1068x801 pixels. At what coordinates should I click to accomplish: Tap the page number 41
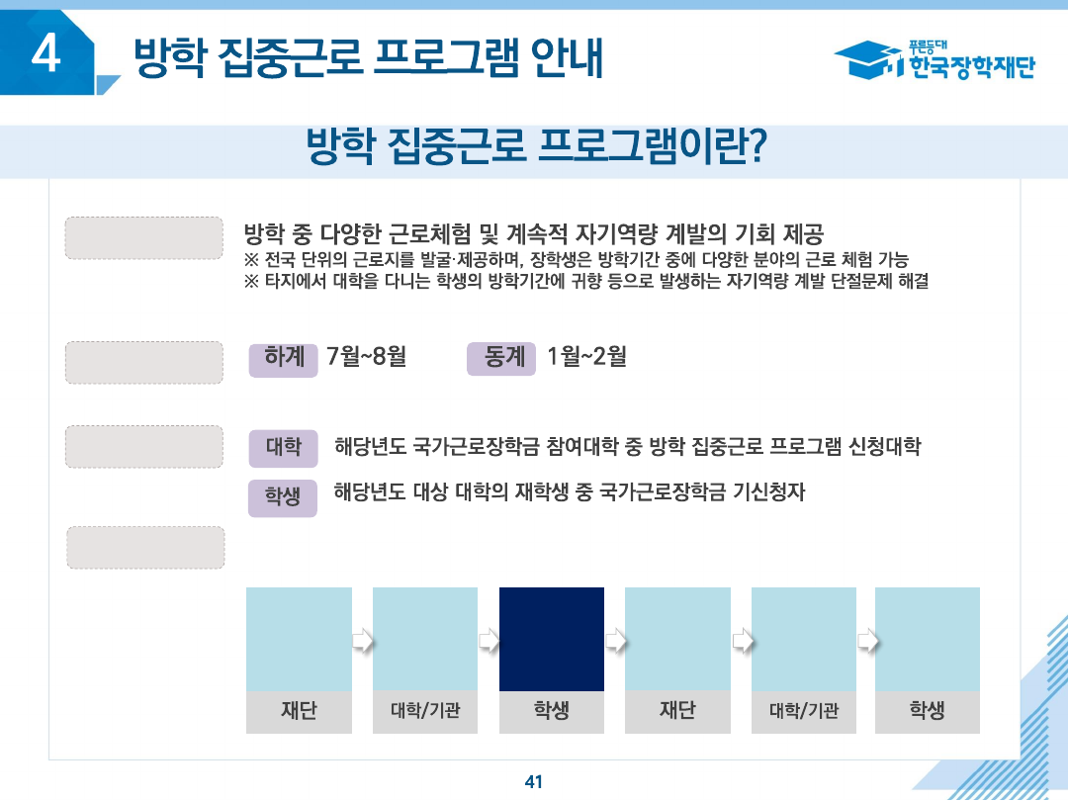coord(534,781)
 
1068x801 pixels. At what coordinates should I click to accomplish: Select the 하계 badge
coord(284,358)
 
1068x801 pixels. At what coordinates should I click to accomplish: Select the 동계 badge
coord(501,358)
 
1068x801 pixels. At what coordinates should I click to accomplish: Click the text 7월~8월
coord(366,356)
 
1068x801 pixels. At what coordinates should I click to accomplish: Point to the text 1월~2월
coord(585,356)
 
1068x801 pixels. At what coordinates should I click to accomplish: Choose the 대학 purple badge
coord(283,447)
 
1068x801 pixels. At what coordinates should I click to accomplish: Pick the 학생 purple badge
coord(283,496)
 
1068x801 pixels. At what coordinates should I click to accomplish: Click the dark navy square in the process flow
coord(551,639)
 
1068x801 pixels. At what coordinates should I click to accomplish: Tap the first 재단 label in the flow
coord(299,711)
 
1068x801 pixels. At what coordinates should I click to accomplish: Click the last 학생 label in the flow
coord(927,711)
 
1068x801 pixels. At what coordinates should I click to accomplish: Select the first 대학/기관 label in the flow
coord(425,711)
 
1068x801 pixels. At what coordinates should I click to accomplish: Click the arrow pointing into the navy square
coord(489,641)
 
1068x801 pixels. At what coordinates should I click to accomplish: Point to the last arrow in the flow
coord(866,641)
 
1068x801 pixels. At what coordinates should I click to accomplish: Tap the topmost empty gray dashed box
coord(143,237)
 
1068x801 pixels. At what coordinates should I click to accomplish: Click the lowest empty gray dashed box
coord(145,547)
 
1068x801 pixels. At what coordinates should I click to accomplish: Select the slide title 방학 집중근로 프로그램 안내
coord(368,58)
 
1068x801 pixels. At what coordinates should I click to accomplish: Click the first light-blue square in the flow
coord(299,639)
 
